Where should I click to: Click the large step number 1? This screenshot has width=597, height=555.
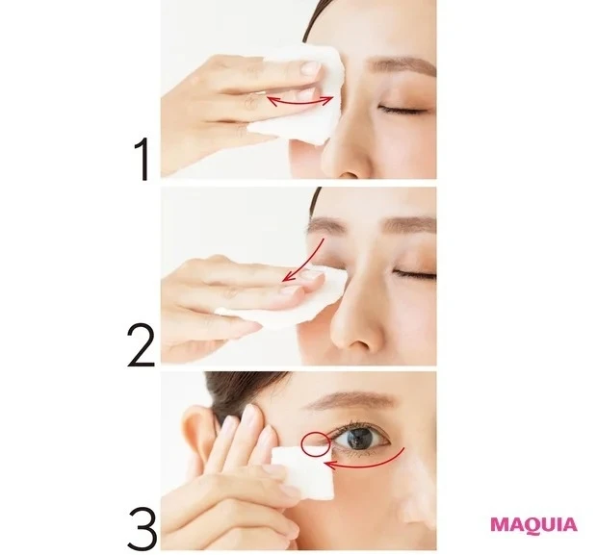(143, 159)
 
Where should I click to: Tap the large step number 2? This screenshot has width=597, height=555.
(142, 345)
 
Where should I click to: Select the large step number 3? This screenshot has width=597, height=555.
(142, 528)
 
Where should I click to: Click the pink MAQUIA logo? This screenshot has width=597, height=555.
(533, 524)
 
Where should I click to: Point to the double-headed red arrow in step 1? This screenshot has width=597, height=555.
(299, 104)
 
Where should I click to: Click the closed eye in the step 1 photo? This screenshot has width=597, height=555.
(403, 110)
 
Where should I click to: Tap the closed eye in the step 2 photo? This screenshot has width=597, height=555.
(416, 273)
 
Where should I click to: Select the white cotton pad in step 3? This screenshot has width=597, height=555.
(302, 473)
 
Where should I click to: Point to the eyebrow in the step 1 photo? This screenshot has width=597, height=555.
(402, 66)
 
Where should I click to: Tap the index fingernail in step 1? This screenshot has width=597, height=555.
(311, 68)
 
